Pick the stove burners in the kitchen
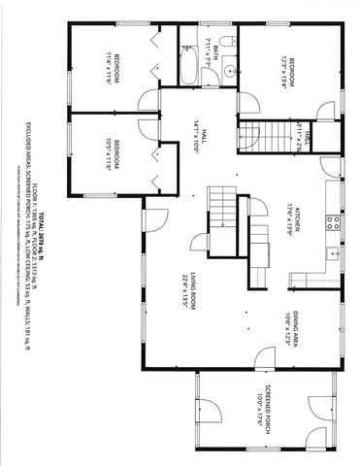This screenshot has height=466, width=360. click(x=333, y=222)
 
